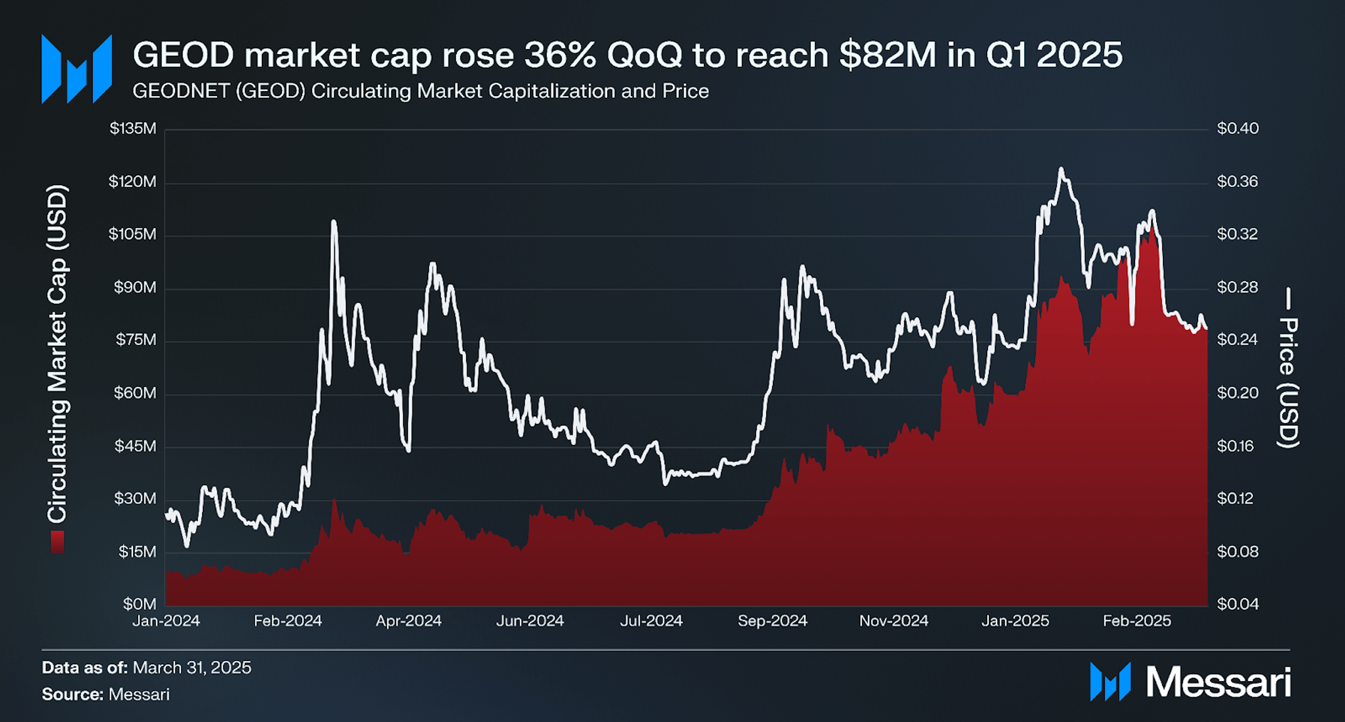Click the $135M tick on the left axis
(x=132, y=129)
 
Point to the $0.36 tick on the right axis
(x=1237, y=181)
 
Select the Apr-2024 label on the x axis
(x=408, y=621)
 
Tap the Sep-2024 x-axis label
(x=772, y=621)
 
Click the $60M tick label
(x=134, y=393)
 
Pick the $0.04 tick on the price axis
(x=1237, y=604)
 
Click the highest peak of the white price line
(x=1061, y=169)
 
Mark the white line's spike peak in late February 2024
(x=333, y=222)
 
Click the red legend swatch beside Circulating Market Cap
(x=57, y=541)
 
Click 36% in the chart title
(x=559, y=55)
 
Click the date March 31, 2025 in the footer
(x=192, y=667)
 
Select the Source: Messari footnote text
(x=105, y=694)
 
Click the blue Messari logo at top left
(x=77, y=69)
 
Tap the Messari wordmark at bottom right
(x=1218, y=682)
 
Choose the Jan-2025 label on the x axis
(x=1015, y=621)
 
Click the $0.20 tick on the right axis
(x=1237, y=393)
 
